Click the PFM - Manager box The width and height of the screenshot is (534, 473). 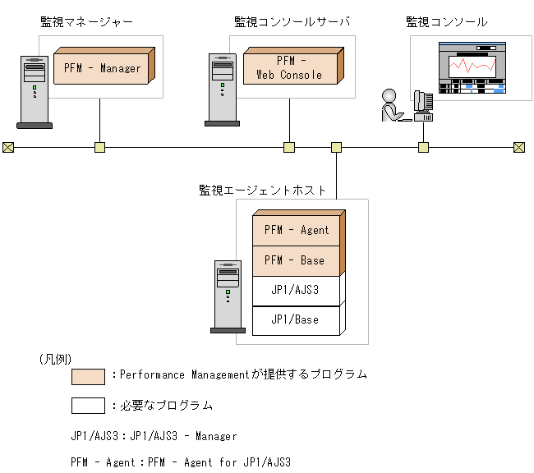coord(102,68)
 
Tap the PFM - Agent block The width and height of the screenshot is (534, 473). coord(296,231)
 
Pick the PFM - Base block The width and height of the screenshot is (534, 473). coord(296,260)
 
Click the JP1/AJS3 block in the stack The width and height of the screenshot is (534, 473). coord(296,290)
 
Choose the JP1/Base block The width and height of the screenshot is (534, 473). coord(296,319)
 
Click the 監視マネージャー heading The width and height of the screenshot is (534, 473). coord(86,21)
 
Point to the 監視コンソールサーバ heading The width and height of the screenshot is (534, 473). coord(292,21)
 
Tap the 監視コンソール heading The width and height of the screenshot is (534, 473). coord(446,21)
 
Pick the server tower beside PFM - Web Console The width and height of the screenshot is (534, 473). coord(222,89)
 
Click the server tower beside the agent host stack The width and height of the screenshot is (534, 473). coord(228,296)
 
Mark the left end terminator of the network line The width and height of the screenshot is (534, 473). coord(8,148)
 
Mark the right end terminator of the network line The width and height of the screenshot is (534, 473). coord(519,148)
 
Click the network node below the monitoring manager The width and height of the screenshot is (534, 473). coord(99,148)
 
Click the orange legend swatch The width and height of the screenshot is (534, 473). coord(88,376)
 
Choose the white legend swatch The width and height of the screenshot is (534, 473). coord(88,406)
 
